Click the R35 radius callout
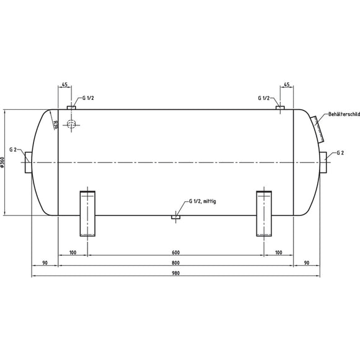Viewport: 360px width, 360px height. pos(55,125)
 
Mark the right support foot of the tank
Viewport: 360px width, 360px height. pos(265,214)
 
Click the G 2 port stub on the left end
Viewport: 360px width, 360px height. pos(29,163)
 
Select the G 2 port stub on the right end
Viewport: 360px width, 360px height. pos(324,163)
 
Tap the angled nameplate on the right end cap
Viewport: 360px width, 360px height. pos(318,128)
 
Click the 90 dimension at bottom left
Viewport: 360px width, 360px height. pos(45,262)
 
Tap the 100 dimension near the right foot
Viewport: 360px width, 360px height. pos(278,252)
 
